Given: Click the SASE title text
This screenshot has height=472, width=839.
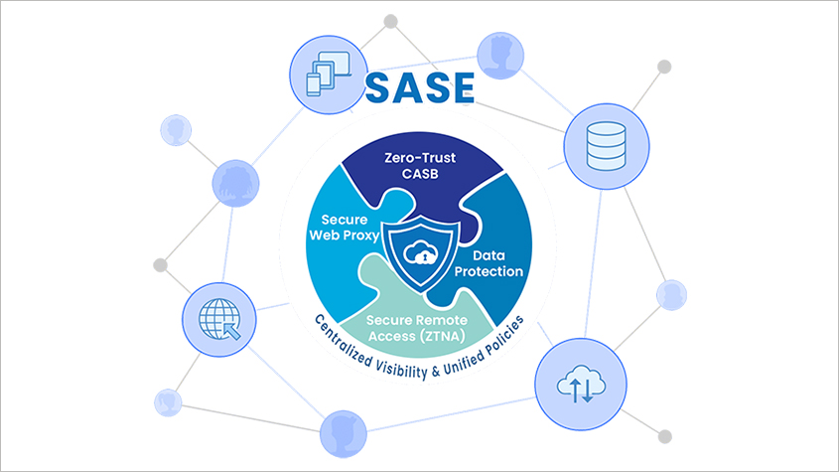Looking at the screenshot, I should (420, 87).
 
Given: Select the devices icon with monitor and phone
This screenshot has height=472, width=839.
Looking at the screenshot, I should (325, 70).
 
